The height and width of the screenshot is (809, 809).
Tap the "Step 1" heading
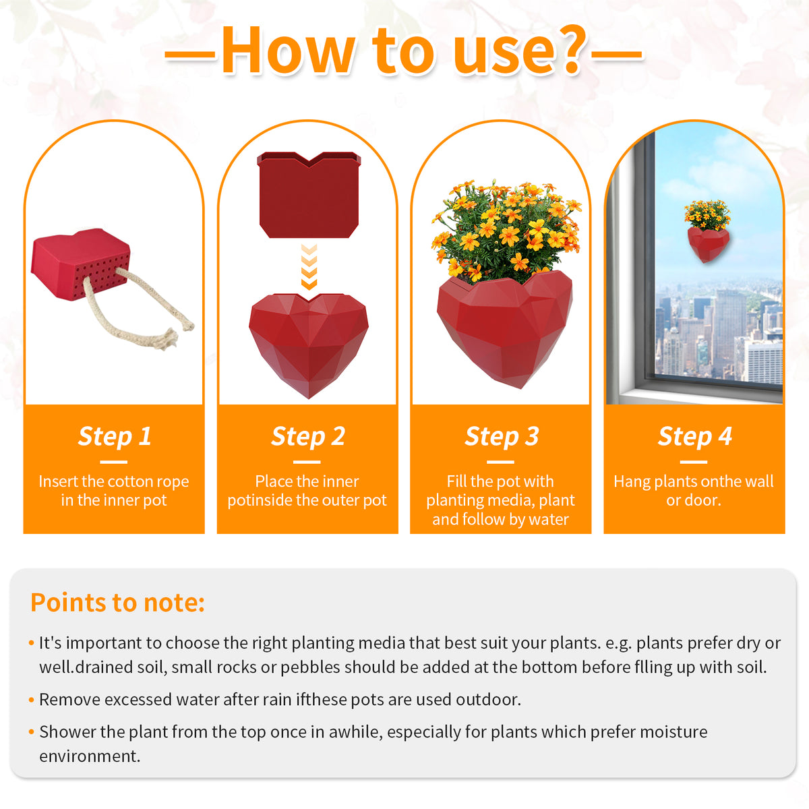click(x=115, y=436)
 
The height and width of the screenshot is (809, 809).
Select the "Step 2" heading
click(x=308, y=436)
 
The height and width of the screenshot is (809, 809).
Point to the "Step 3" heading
click(x=502, y=436)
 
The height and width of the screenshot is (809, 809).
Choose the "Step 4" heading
click(x=694, y=436)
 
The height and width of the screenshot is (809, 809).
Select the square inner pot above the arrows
click(x=309, y=196)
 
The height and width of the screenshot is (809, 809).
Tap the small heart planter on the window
click(x=707, y=243)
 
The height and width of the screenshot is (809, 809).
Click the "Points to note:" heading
click(x=117, y=602)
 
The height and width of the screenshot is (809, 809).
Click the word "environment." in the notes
click(x=90, y=756)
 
